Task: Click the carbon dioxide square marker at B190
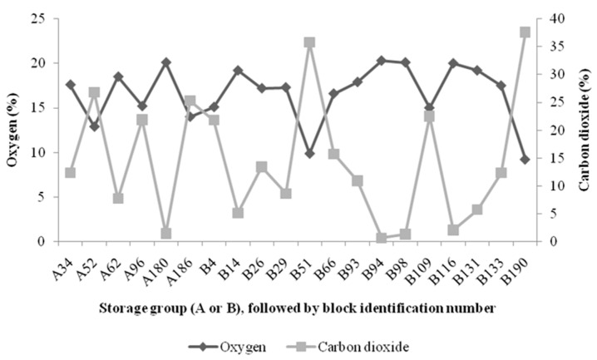point(525,32)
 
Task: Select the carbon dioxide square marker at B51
point(309,42)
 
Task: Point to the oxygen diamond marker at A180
point(166,62)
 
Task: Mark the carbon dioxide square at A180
point(166,234)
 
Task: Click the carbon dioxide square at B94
point(382,238)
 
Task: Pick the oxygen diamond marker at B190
point(525,160)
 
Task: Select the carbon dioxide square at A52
point(95,92)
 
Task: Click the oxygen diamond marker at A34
point(71,85)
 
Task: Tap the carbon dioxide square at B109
point(429,116)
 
